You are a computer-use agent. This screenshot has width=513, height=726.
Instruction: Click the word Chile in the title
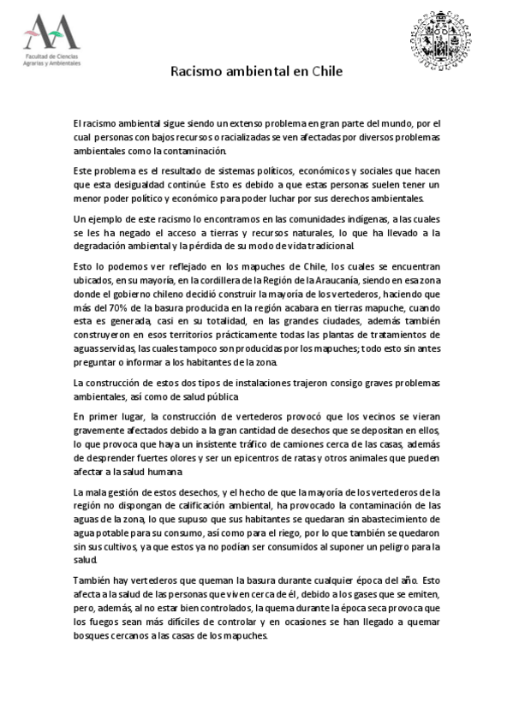click(x=327, y=73)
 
